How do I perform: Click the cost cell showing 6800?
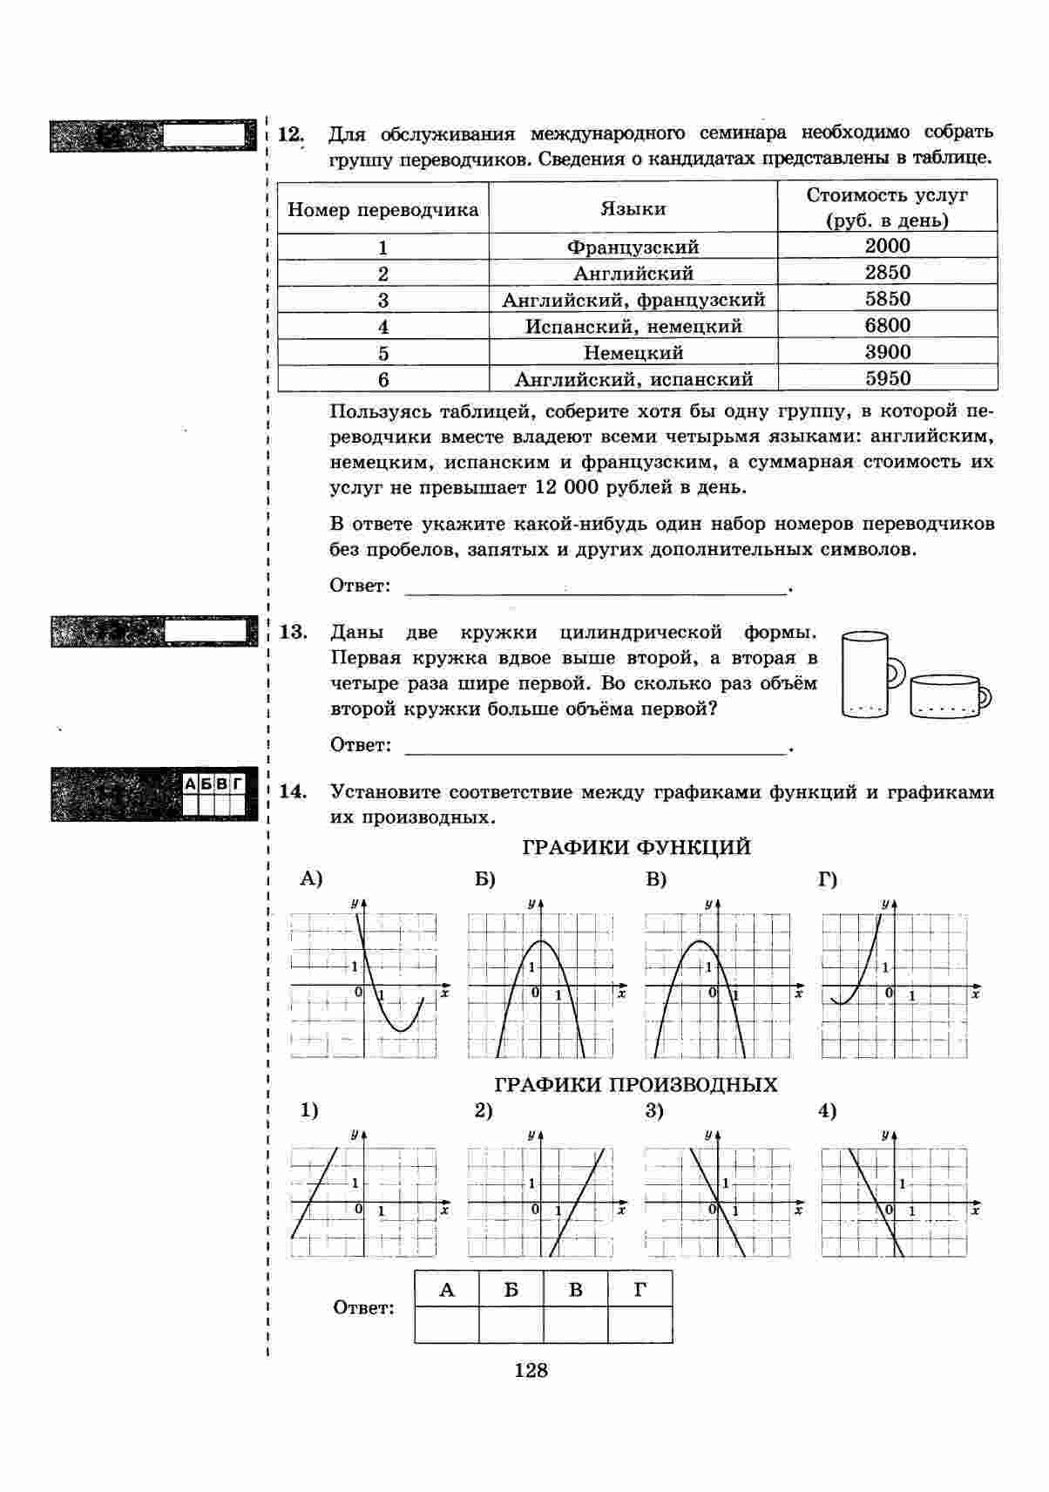click(887, 326)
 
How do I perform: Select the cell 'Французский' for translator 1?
click(633, 248)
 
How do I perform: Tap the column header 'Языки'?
click(633, 209)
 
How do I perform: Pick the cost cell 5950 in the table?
click(887, 379)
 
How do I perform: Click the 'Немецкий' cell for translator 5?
click(633, 353)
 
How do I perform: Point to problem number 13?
click(293, 632)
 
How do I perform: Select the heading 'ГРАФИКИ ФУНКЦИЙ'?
click(635, 847)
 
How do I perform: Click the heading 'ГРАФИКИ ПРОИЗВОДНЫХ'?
click(635, 1085)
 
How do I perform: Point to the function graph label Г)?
click(827, 879)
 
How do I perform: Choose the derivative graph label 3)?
click(654, 1111)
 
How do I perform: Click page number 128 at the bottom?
click(531, 1371)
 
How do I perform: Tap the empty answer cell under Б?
click(511, 1325)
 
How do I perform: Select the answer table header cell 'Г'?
click(640, 1290)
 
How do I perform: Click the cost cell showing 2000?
click(887, 246)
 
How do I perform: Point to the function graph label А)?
click(310, 879)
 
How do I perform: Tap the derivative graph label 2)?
click(484, 1111)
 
